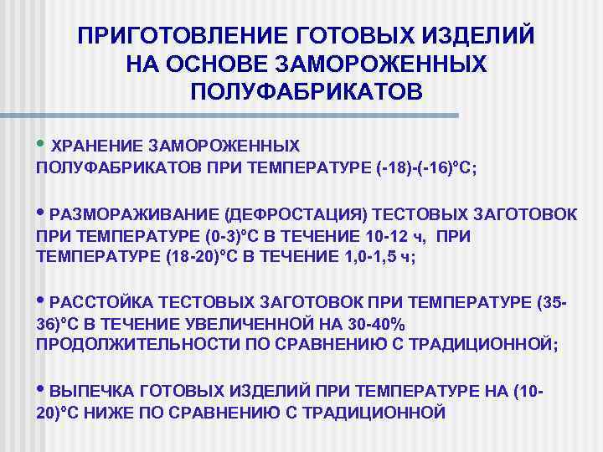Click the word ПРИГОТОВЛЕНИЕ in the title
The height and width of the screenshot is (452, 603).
180,37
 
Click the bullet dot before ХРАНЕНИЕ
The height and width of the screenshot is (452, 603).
43,141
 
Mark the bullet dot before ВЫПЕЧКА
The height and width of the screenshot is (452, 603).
43,388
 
